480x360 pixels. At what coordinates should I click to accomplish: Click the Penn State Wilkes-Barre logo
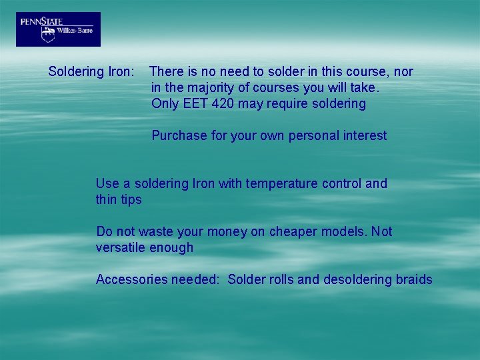pos(58,29)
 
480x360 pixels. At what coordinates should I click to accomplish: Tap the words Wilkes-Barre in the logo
pos(75,30)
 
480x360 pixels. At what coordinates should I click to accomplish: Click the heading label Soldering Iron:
pos(91,71)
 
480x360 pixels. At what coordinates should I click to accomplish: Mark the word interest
pos(365,135)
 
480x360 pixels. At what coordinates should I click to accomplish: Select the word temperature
pos(280,183)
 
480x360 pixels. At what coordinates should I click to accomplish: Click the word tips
pos(131,199)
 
